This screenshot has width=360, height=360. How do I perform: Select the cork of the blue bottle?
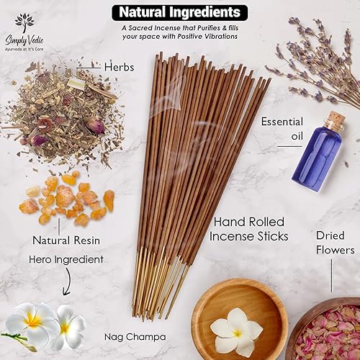pos(331,122)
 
